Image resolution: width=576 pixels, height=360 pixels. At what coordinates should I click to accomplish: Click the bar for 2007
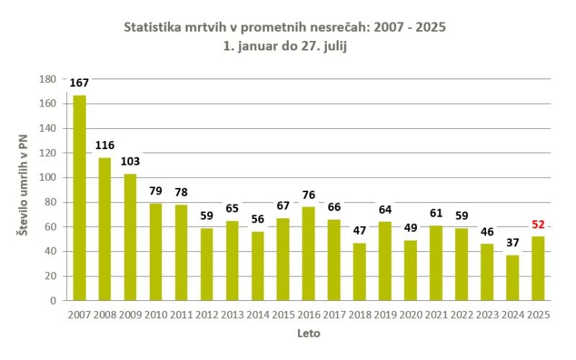[x=79, y=198]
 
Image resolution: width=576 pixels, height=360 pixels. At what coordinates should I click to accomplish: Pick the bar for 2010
[x=156, y=252]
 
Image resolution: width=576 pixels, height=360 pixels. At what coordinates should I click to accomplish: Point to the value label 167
[x=79, y=84]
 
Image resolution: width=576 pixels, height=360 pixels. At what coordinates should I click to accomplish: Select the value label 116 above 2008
[x=105, y=145]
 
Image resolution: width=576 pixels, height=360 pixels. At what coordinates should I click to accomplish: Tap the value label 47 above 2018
[x=359, y=231]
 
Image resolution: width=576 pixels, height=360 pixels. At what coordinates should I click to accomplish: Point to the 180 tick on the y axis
[x=48, y=79]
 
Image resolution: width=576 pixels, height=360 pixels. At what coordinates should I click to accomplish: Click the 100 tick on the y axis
[x=48, y=178]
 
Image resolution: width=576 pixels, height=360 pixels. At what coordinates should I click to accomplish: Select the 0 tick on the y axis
[x=53, y=300]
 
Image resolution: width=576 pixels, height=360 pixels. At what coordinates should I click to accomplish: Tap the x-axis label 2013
[x=232, y=315]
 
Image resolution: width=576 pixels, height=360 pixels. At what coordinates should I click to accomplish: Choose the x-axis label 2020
[x=410, y=315]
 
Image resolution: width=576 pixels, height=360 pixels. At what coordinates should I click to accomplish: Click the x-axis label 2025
[x=537, y=315]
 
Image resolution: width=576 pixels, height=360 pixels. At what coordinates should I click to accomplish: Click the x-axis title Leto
[x=308, y=333]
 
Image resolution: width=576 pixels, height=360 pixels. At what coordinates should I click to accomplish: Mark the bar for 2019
[x=384, y=261]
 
